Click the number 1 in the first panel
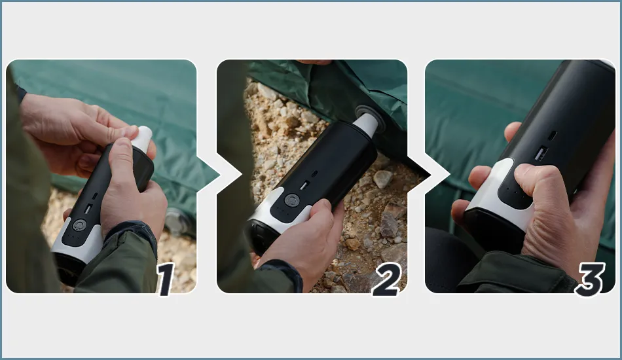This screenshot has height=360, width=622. pos(166,279)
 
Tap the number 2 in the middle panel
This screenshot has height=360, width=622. pos(387,279)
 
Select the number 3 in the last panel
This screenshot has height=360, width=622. pos(591,279)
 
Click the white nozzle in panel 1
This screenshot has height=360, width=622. pos(142,138)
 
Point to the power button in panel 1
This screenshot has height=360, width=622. pos(79,225)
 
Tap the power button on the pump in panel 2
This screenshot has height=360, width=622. pos(291,200)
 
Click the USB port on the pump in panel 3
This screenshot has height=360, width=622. pos(541,153)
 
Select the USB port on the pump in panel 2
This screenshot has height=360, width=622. pos(304,185)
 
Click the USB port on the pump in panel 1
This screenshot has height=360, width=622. pos(88,209)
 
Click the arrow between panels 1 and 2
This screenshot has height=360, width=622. pos(208,175)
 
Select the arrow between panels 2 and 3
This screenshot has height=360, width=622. pos(419,175)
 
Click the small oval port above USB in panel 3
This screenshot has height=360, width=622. pos(552,135)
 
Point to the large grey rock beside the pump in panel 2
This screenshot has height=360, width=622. pos(383,179)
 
